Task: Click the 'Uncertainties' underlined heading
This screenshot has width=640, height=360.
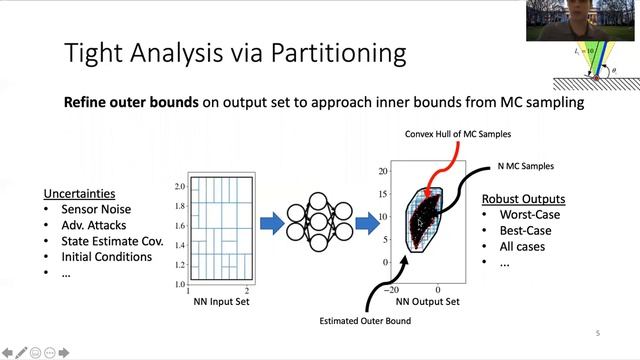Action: (x=78, y=193)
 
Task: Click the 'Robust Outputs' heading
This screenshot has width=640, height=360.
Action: (x=524, y=198)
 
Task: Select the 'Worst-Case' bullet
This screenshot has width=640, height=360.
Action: (x=528, y=214)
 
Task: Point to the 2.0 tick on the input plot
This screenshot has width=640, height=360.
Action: (x=179, y=187)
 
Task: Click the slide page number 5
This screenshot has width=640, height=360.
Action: (x=597, y=334)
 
